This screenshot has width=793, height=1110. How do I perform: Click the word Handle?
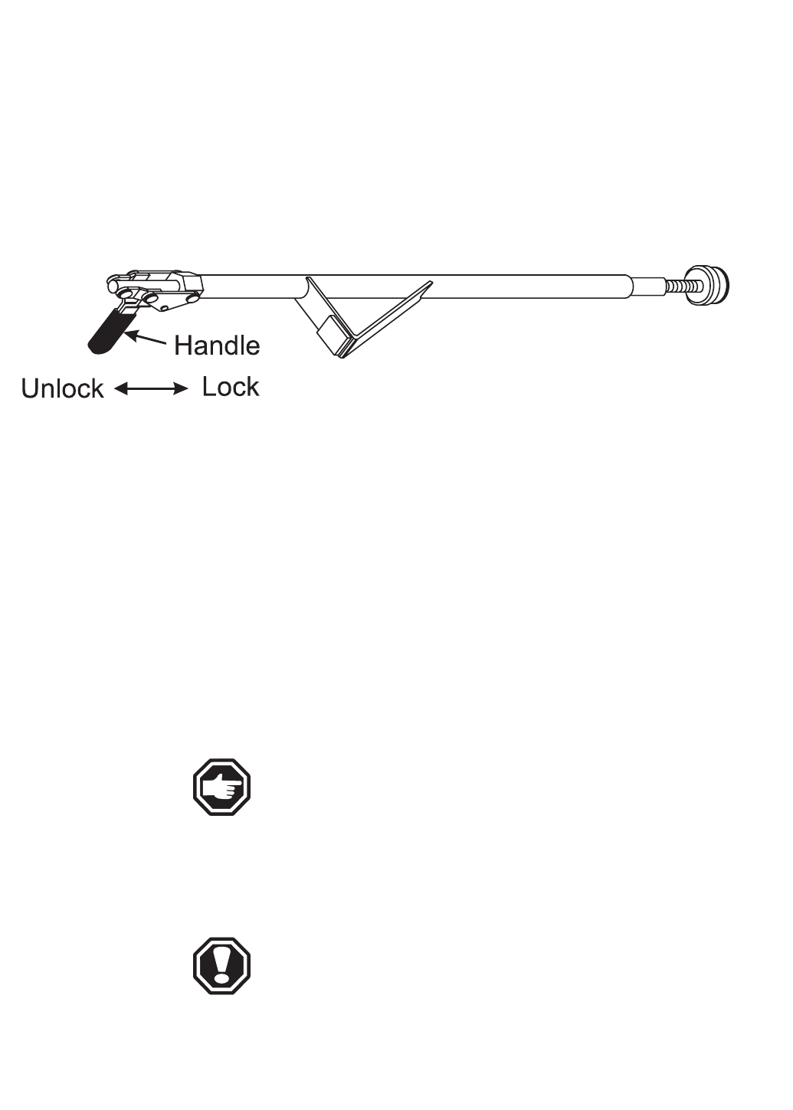click(x=217, y=345)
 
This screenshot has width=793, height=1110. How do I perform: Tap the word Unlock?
click(x=62, y=388)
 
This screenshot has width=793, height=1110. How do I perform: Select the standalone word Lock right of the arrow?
click(x=230, y=387)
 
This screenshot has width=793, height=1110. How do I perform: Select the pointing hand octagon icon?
click(x=221, y=787)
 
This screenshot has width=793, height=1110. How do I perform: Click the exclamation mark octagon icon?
click(x=221, y=966)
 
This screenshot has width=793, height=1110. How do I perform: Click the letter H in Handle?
click(x=182, y=345)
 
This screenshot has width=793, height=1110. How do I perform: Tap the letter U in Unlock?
click(x=30, y=388)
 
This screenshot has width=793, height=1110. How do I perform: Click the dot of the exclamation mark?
click(x=221, y=977)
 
